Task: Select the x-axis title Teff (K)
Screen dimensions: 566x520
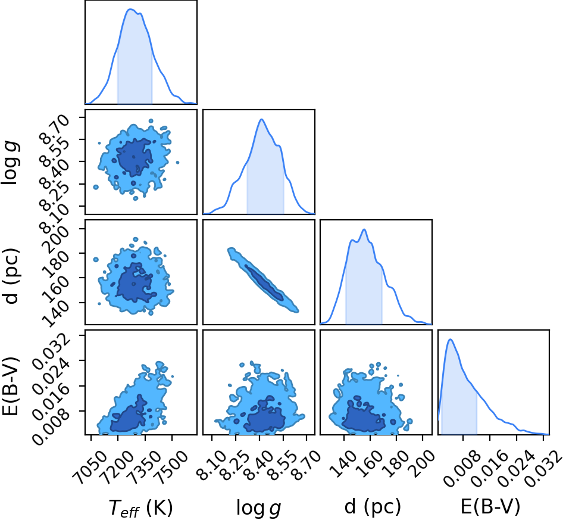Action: (141, 507)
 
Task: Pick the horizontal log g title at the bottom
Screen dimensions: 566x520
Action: (258, 508)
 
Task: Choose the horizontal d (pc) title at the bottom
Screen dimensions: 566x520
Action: (373, 507)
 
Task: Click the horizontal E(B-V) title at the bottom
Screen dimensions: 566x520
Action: (490, 507)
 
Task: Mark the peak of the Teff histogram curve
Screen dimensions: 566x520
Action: (131, 9)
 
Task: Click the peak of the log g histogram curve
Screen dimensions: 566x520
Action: (261, 119)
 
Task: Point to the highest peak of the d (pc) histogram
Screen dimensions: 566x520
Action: (364, 229)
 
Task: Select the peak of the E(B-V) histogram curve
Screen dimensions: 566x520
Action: (450, 340)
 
